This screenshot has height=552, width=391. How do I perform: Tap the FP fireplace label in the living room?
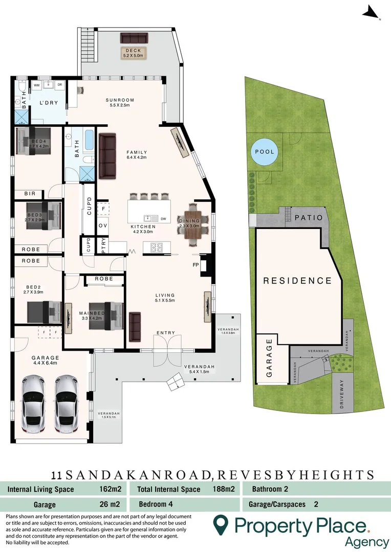[195, 265]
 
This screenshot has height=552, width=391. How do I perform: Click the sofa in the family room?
[108, 156]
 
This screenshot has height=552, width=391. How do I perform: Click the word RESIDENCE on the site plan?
[297, 281]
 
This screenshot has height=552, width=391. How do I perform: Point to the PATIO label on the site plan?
[308, 217]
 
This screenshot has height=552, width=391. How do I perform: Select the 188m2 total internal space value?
[223, 489]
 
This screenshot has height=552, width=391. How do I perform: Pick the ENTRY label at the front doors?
[165, 333]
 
